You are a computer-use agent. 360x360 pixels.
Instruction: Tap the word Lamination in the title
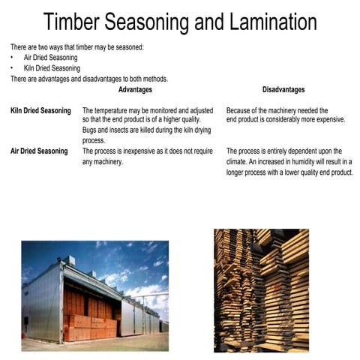260,22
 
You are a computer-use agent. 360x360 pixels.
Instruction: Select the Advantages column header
135,90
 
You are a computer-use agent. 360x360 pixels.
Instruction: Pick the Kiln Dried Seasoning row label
40,111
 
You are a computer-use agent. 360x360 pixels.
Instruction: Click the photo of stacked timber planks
261,290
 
